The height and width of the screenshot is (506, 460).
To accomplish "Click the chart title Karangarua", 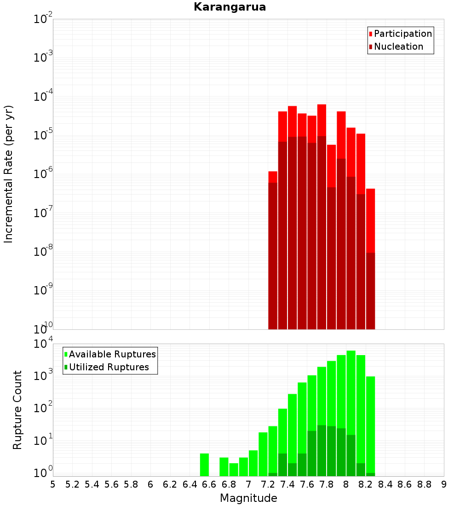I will (x=230, y=7).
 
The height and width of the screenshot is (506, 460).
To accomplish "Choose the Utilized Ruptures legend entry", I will (x=109, y=367).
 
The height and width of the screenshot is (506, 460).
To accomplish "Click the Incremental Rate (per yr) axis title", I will (x=9, y=174).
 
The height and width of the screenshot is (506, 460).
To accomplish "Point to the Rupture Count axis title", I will (x=17, y=410).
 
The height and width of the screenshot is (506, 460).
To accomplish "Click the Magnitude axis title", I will (x=248, y=498).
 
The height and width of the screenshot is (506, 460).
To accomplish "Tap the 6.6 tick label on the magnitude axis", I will (x=209, y=484).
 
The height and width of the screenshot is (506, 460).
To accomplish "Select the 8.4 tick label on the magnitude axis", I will (x=385, y=484).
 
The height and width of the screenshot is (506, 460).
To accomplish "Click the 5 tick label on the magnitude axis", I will (x=53, y=484).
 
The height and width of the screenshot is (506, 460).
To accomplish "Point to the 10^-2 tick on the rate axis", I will (x=43, y=19).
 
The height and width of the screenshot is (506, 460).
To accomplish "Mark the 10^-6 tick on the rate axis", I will (x=43, y=174).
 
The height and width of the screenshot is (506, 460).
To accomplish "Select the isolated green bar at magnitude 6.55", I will (x=205, y=465).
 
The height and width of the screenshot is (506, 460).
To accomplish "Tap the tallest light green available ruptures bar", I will (x=351, y=391).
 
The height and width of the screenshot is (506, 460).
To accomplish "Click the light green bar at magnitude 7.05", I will (x=253, y=463).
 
